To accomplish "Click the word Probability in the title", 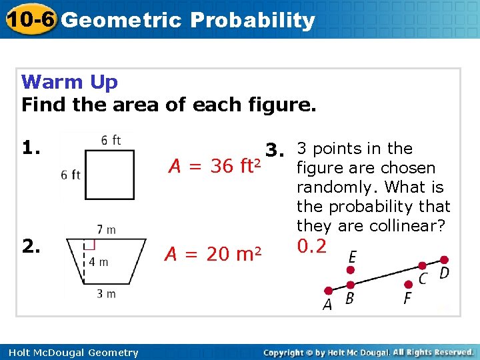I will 252,20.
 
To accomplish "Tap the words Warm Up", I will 69,82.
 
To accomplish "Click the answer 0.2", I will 312,247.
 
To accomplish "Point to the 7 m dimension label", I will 107,230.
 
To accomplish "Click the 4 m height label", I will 98,261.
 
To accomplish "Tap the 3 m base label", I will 105,293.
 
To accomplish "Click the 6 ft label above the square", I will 111,140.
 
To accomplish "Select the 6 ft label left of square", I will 70,175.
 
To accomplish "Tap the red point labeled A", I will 328,291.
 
